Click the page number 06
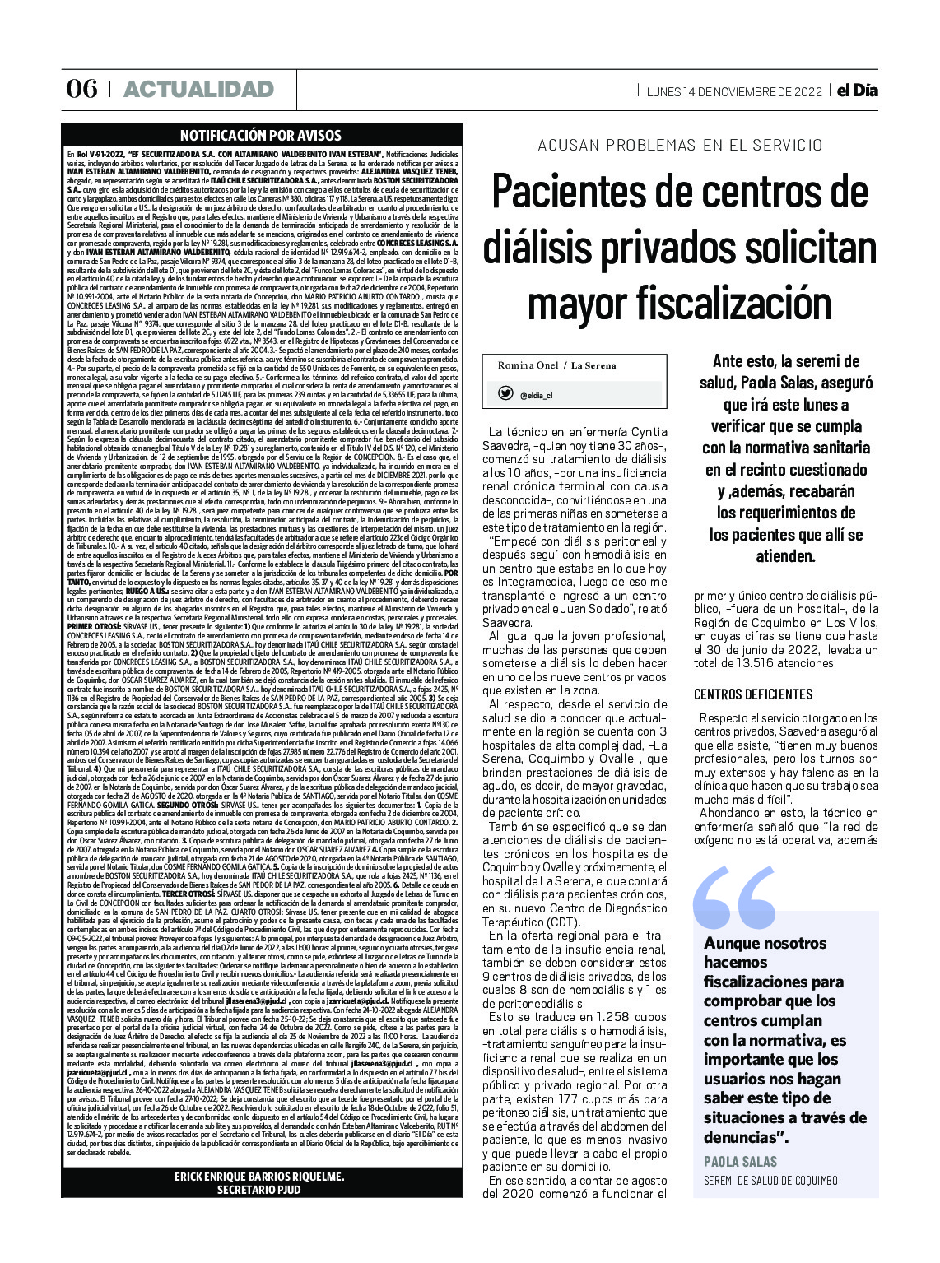pos(81,89)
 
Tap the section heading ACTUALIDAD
pos(198,89)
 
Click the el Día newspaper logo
pos(857,91)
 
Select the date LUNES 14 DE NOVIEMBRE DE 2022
pos(734,91)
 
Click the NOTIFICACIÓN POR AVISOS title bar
pos(260,136)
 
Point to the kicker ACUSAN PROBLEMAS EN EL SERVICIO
pos(680,146)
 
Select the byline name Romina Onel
pos(527,365)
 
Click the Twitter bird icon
pos(506,394)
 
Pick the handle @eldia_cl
pos(536,396)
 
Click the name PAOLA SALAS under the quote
pos(741,1161)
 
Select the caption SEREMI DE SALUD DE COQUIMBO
pos(770,1181)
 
